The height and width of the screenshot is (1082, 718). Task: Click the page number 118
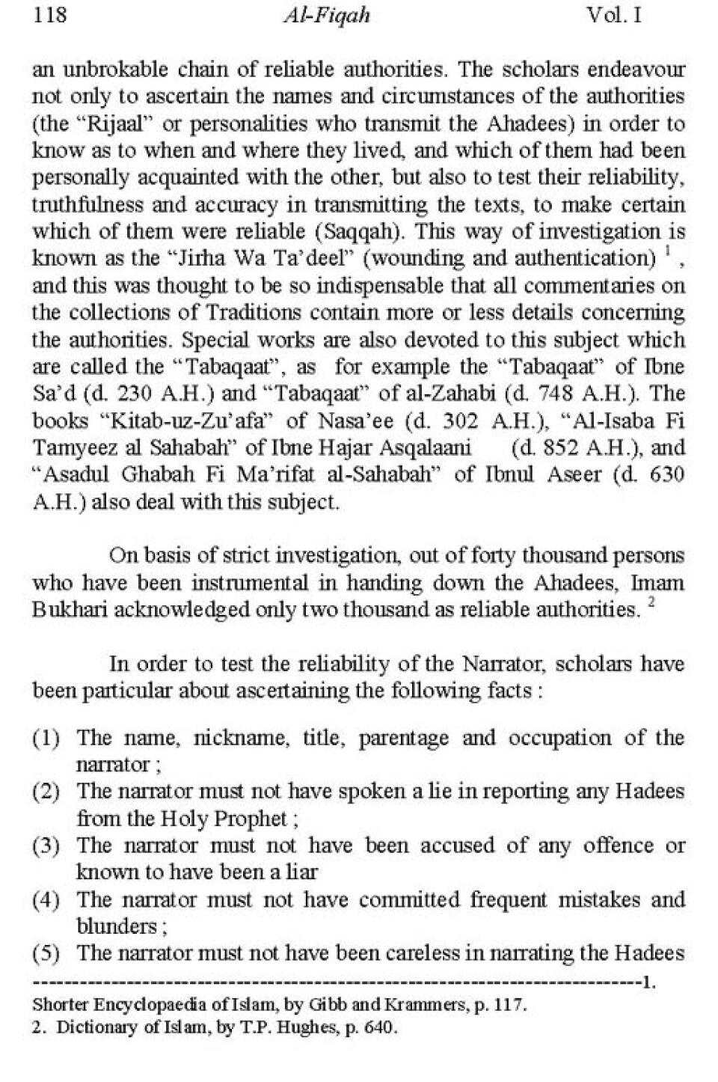pyautogui.click(x=50, y=15)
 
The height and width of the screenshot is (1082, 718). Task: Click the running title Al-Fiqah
pyautogui.click(x=327, y=16)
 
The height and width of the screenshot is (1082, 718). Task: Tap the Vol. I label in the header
pyautogui.click(x=614, y=15)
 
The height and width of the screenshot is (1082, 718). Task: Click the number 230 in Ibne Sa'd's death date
pyautogui.click(x=155, y=394)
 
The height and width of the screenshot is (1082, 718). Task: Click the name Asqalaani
pyautogui.click(x=428, y=447)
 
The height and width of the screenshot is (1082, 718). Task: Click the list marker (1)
pyautogui.click(x=46, y=739)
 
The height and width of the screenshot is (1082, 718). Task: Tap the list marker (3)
pyautogui.click(x=46, y=846)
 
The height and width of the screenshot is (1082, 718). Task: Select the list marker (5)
pyautogui.click(x=46, y=954)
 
